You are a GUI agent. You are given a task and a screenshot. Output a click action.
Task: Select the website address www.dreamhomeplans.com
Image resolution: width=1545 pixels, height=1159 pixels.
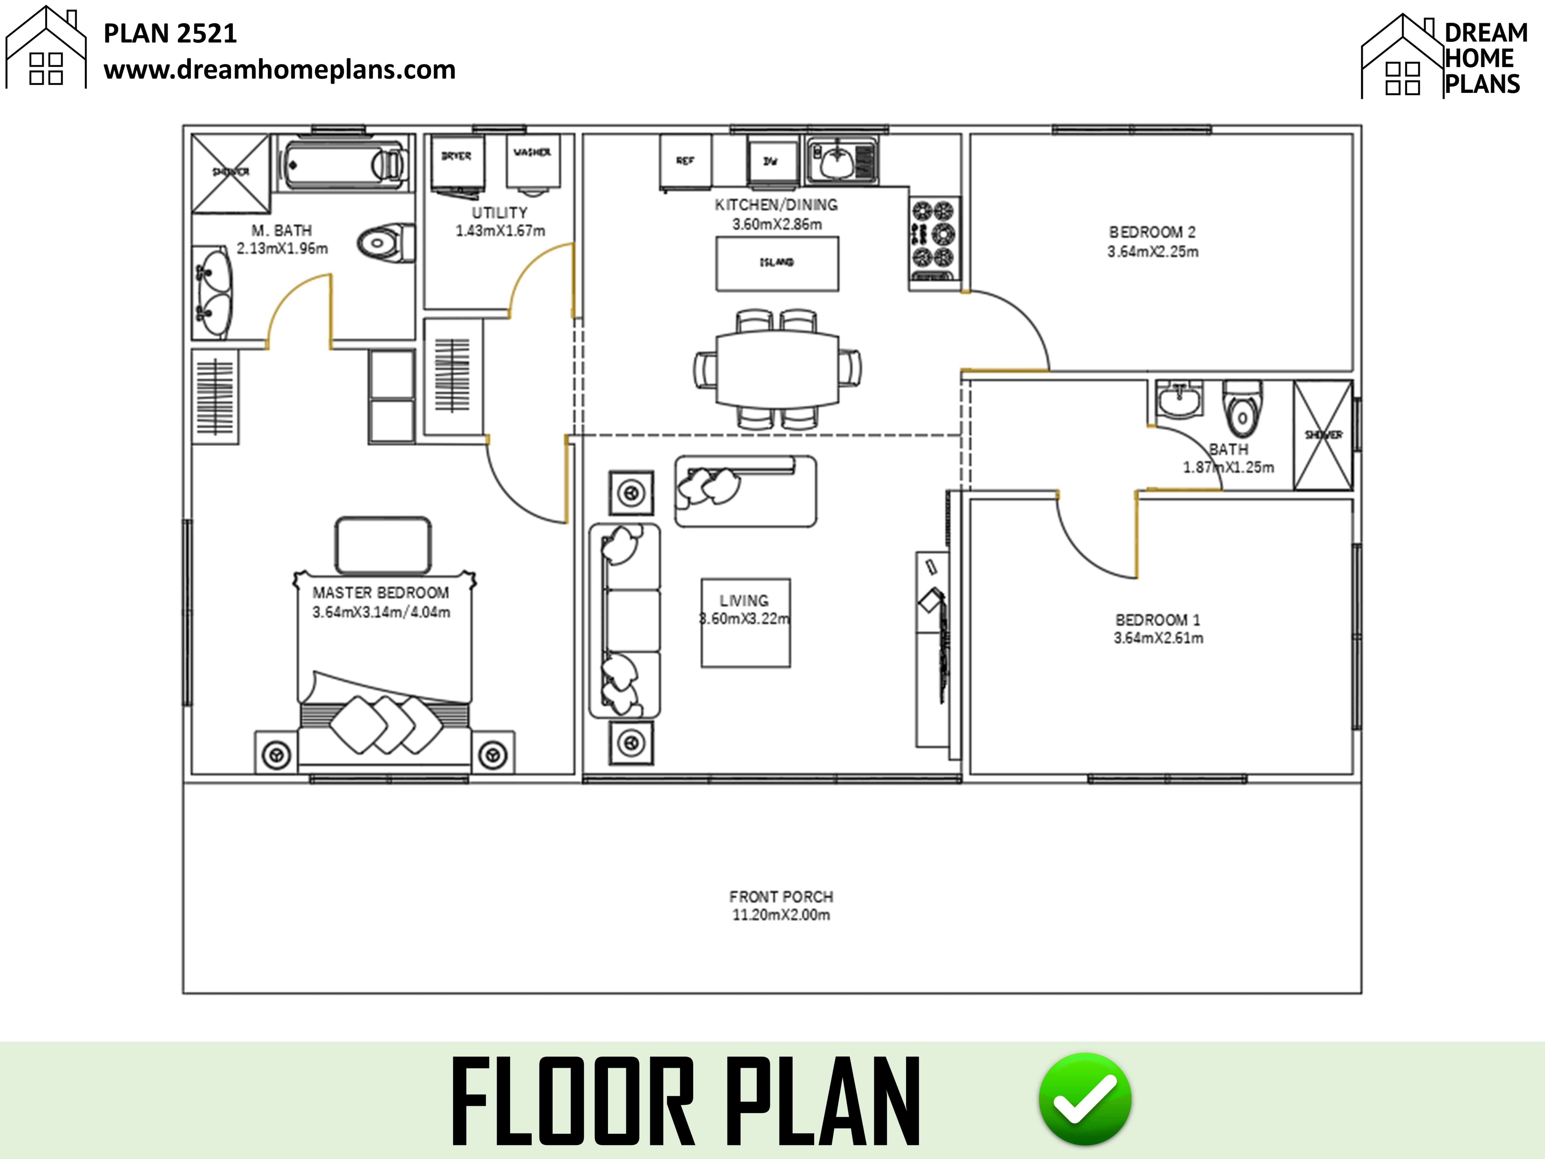pos(279,70)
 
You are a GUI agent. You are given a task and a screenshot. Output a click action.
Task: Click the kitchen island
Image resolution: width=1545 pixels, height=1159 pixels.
pos(777,263)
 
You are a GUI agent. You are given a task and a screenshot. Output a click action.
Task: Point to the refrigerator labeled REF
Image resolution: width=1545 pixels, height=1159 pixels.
pos(685,161)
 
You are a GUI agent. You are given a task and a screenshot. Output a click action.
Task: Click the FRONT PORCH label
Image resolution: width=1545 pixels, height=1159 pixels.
pos(781,896)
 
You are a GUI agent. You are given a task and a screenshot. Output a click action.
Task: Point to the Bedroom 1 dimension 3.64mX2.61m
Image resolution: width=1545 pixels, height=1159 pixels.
pos(1158,638)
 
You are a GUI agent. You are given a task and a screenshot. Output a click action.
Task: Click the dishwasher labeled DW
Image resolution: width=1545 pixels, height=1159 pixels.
pos(771,161)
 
